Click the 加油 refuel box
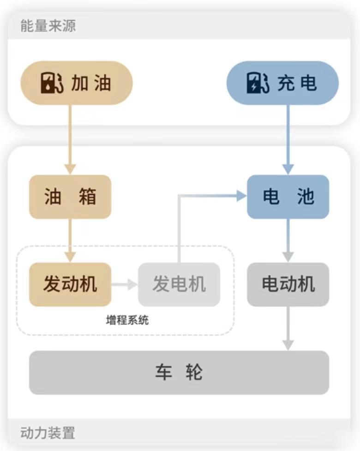point(77,83)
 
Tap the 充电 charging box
point(282,83)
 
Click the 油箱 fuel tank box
point(70,197)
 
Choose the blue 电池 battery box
point(288,197)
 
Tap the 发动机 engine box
point(70,284)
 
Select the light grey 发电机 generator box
point(179,284)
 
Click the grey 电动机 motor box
point(288,284)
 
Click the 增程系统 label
point(127,319)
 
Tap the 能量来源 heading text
point(48,26)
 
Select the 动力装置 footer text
point(48,433)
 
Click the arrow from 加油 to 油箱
point(70,138)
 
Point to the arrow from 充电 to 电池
point(288,138)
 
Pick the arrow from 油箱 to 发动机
point(70,240)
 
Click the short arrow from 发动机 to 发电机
point(125,284)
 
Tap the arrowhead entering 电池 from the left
point(241,196)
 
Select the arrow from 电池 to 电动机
point(288,240)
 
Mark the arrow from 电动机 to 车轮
point(288,328)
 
